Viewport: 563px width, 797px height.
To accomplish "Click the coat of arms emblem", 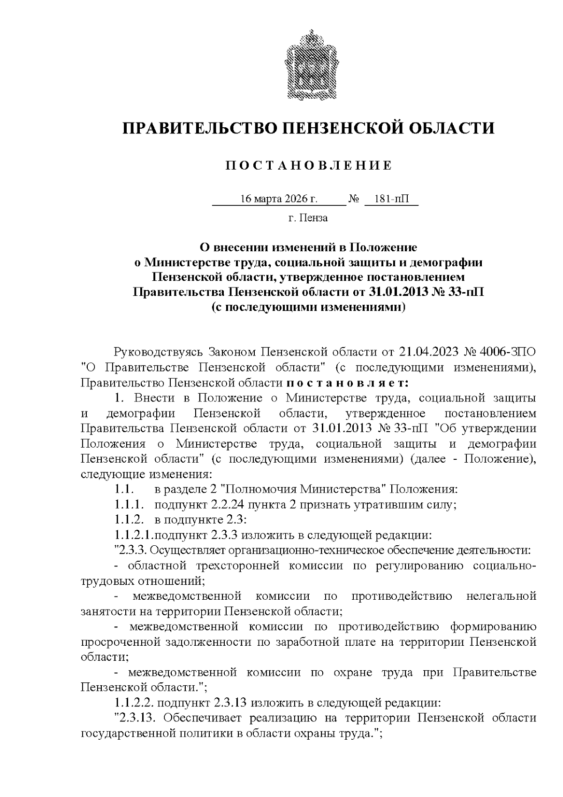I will (308, 65).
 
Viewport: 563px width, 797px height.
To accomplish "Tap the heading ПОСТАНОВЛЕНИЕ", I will (308, 166).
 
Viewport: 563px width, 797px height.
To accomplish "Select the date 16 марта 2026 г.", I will (279, 199).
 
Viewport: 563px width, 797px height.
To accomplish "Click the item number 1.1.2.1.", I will (134, 535).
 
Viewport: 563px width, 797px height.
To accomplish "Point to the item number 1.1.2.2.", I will (134, 704).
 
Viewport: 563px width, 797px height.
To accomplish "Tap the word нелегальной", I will (501, 596).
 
